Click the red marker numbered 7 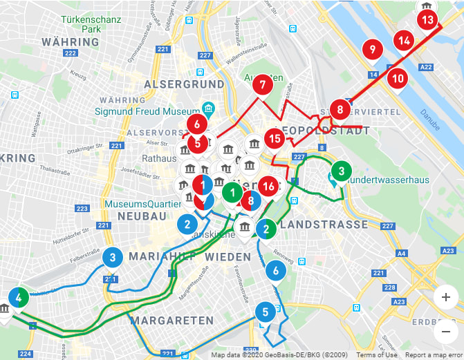click(261, 86)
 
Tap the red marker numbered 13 click(428, 20)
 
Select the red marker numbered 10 click(398, 78)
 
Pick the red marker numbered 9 click(373, 49)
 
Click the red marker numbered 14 click(405, 41)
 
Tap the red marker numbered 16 click(270, 186)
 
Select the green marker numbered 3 click(340, 170)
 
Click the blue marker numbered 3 click(113, 258)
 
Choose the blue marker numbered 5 click(265, 312)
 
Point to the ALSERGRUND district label click(184, 84)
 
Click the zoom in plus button click(445, 297)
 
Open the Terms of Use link click(377, 355)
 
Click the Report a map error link click(434, 355)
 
